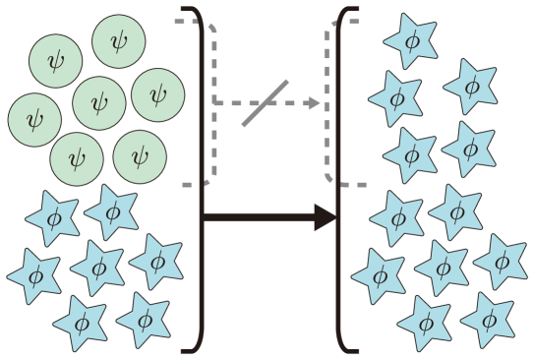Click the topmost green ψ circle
(x=119, y=41)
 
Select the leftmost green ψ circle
(x=35, y=120)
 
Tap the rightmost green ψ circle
(x=158, y=94)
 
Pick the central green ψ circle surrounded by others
(x=99, y=102)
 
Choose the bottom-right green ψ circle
(x=140, y=156)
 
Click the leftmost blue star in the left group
(x=34, y=275)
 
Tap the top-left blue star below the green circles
(x=51, y=217)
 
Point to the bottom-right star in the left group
(x=144, y=320)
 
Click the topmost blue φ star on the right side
(x=410, y=41)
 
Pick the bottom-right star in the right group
(x=488, y=320)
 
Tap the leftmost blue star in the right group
(x=379, y=275)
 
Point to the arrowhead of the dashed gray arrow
(x=315, y=103)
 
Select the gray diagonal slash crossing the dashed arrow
(x=266, y=103)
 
